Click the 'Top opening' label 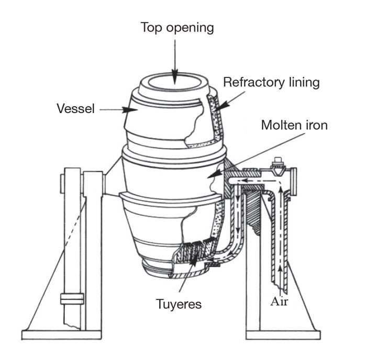177,28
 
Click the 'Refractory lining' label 271,82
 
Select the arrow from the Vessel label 114,110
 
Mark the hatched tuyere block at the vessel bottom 194,250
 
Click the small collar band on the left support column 72,298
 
